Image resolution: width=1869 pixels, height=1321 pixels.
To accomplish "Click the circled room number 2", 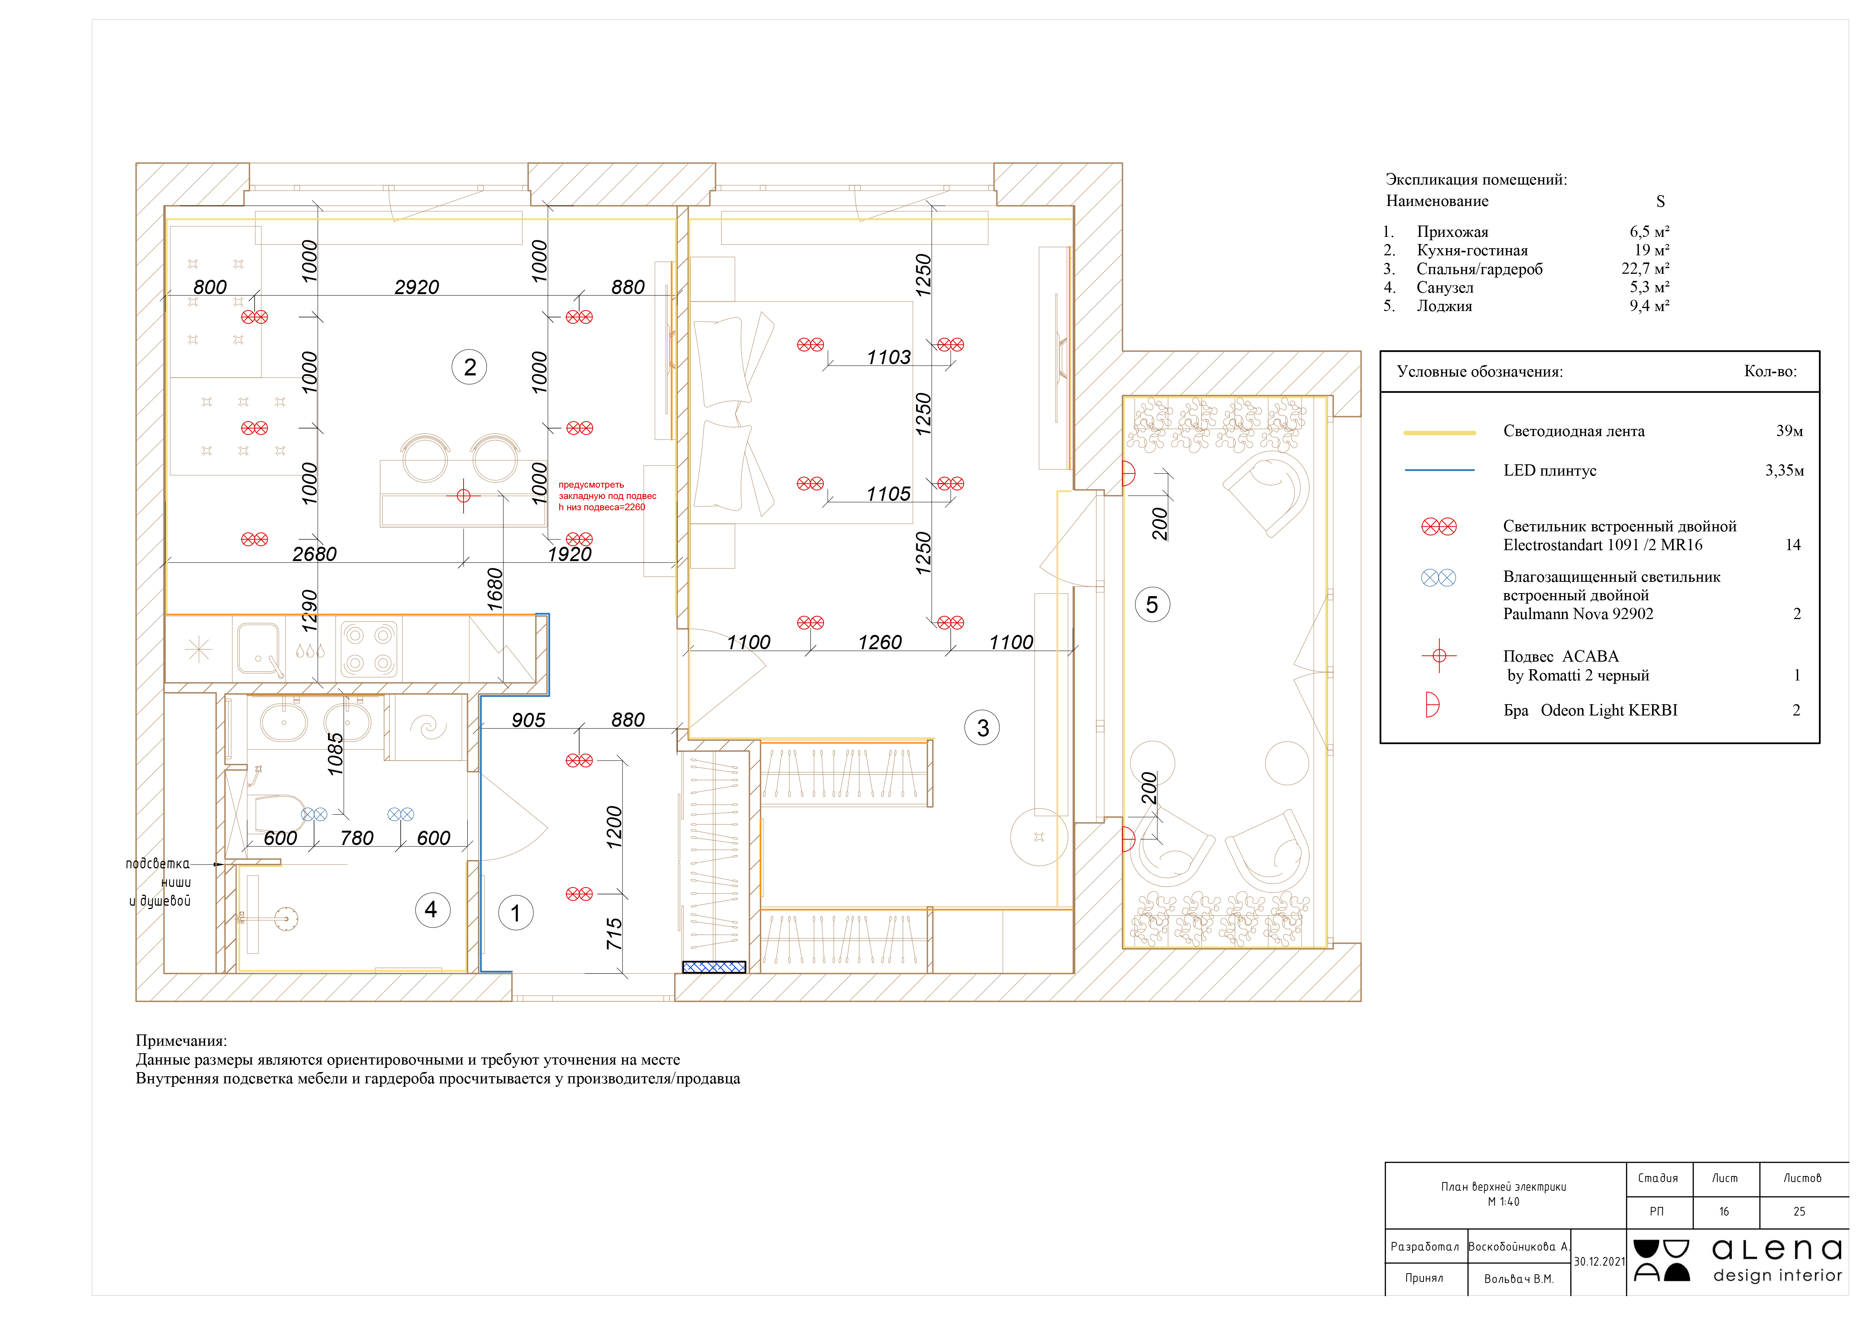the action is click(470, 367).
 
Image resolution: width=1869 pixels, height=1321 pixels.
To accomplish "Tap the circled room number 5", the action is click(1152, 605).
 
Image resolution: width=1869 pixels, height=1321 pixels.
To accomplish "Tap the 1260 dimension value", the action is click(880, 642).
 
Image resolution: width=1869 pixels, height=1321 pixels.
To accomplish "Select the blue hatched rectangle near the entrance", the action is click(714, 967).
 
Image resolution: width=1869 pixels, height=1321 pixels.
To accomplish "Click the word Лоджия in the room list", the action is click(1444, 306).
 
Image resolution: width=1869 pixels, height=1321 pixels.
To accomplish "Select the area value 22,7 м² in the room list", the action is click(1645, 268).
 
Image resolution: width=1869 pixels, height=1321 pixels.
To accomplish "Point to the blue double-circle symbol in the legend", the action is click(1439, 578).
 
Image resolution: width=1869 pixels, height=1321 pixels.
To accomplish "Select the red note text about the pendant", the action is click(606, 496).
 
